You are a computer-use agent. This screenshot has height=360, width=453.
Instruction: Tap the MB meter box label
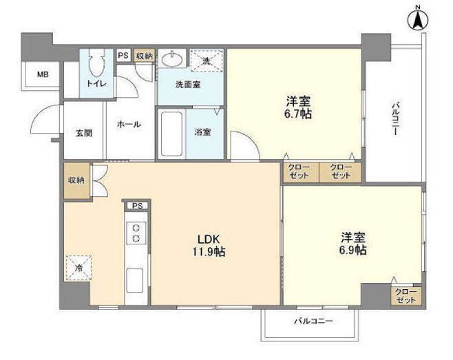click(x=43, y=75)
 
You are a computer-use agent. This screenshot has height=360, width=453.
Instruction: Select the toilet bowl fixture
click(x=97, y=63)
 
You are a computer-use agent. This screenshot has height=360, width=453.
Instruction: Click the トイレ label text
click(x=97, y=84)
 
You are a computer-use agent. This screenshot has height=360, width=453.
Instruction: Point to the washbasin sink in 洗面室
click(x=172, y=60)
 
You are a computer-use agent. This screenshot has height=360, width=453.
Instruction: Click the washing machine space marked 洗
click(x=207, y=60)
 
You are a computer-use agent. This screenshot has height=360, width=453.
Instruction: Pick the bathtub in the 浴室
click(x=171, y=134)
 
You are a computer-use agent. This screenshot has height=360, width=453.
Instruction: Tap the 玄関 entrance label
click(x=84, y=134)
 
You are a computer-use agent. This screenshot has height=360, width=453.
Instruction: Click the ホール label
click(x=129, y=125)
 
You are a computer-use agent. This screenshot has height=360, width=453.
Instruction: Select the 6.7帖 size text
click(x=298, y=114)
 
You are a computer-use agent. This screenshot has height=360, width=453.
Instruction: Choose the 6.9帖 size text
click(x=352, y=250)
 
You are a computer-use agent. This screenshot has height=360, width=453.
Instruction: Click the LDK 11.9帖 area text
click(x=209, y=246)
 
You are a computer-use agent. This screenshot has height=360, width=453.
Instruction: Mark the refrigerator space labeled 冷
click(x=78, y=268)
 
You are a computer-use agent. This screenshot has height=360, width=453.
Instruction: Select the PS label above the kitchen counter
click(x=138, y=206)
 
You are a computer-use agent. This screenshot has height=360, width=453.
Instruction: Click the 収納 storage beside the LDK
click(x=76, y=181)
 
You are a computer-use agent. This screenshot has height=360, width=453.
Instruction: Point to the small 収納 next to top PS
click(x=145, y=56)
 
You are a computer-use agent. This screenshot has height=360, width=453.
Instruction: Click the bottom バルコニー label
click(x=313, y=321)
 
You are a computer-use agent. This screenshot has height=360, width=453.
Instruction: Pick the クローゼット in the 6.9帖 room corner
click(x=406, y=296)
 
